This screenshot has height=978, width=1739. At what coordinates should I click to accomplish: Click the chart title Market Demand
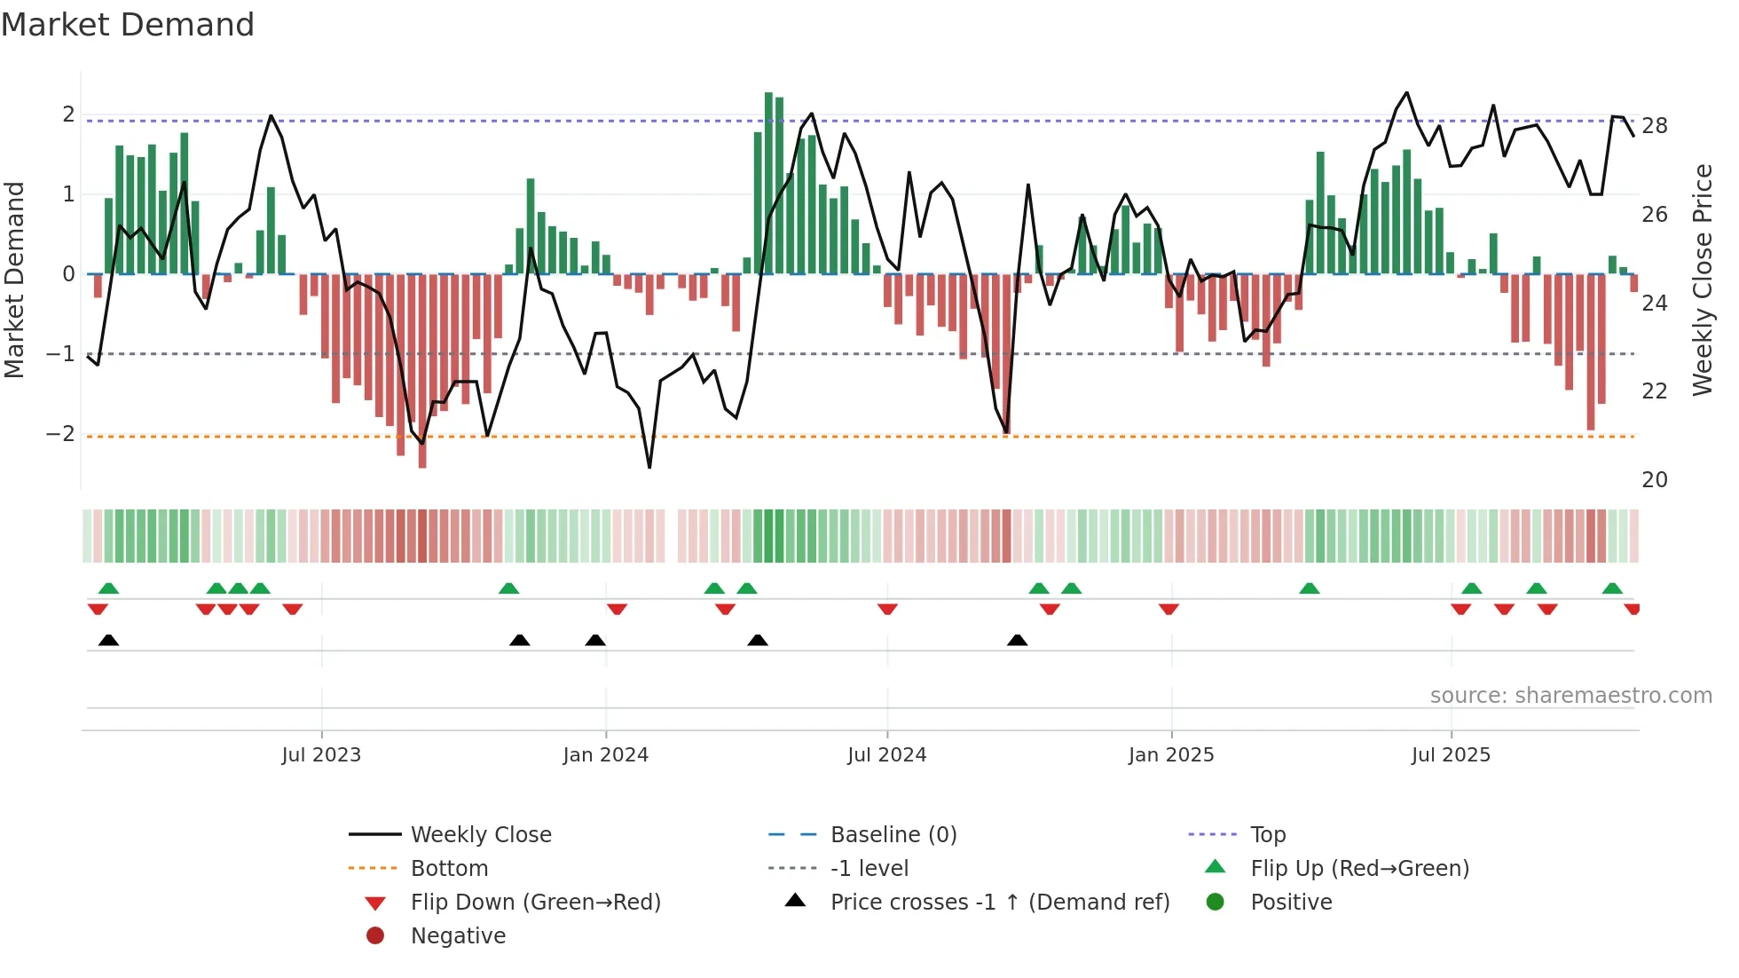(x=128, y=25)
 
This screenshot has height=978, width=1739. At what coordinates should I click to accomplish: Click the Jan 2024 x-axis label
(x=605, y=755)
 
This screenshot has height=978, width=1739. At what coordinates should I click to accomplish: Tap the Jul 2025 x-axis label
(x=1451, y=755)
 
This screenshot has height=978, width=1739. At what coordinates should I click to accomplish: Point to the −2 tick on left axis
(x=60, y=434)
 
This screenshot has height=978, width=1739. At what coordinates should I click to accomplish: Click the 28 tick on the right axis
(x=1654, y=126)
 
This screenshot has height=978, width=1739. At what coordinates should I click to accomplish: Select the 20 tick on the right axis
(x=1654, y=480)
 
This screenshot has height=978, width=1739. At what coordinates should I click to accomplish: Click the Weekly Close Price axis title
(x=1702, y=280)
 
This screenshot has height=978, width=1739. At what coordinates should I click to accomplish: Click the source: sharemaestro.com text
(x=1570, y=696)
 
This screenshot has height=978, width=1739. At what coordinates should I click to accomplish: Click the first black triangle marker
(x=108, y=641)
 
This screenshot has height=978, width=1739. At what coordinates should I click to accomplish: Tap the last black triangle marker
(x=1018, y=641)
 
